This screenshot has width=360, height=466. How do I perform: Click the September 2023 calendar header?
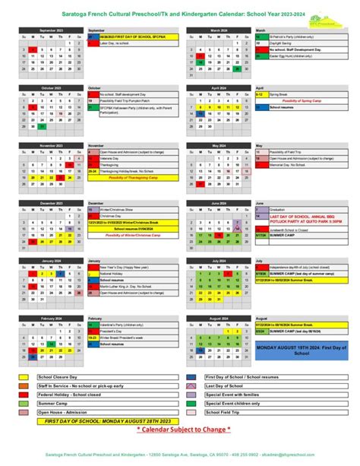tap(51, 30)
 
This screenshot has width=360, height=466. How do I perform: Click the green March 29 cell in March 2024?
tap(238, 69)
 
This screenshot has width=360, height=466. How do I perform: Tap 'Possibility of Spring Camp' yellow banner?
tap(302, 100)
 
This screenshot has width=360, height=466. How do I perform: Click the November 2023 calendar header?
tap(51, 144)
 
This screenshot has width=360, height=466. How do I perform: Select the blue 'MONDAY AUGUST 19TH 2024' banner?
tap(302, 328)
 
